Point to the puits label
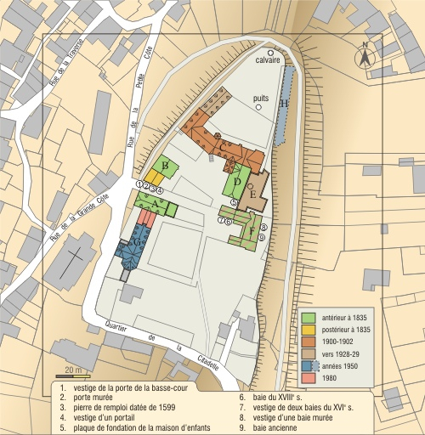coord(261,98)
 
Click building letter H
coord(285,103)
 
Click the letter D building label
coord(238,181)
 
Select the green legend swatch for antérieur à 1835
coord(309,317)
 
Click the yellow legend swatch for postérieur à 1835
coord(309,329)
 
